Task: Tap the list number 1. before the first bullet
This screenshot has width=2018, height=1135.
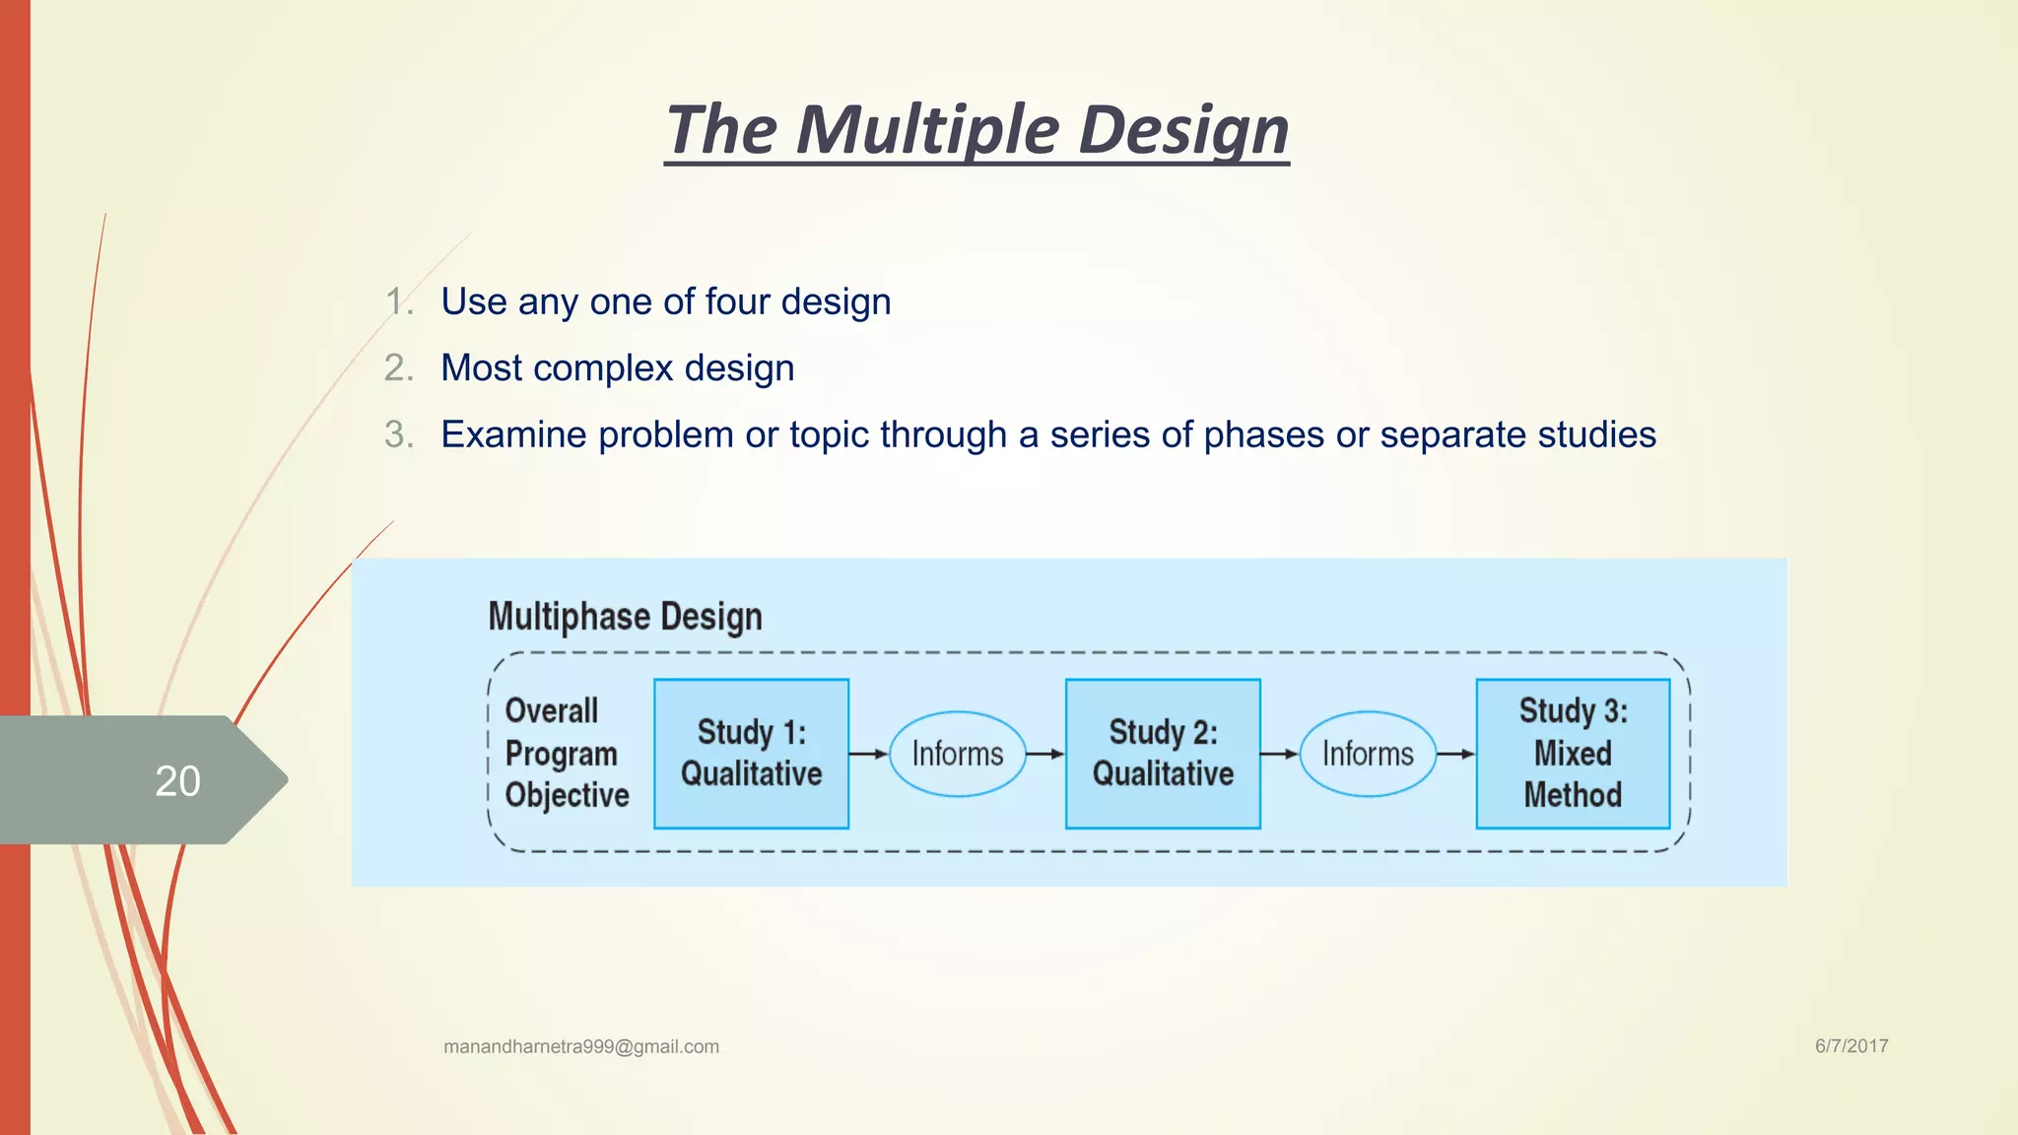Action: coord(398,301)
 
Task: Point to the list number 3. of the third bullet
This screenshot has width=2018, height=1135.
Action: coord(398,434)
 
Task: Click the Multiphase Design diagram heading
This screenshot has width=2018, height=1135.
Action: coord(625,617)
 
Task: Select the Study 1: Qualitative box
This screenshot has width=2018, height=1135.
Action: coord(751,754)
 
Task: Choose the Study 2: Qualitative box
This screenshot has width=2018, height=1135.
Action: coord(1163,754)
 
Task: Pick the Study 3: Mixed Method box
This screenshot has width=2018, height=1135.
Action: coord(1573,754)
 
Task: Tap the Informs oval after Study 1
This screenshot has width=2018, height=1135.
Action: coord(958,754)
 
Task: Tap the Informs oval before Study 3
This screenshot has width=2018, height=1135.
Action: coord(1368,754)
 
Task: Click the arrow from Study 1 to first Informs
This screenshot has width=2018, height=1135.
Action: coord(868,754)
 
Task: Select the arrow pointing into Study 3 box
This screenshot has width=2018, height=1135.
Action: coord(1455,754)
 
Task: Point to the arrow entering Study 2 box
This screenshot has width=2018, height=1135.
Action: coord(1045,754)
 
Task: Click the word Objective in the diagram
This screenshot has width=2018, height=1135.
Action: coord(567,795)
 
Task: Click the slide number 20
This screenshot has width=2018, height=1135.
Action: coord(177,781)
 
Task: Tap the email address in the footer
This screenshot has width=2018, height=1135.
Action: coord(581,1046)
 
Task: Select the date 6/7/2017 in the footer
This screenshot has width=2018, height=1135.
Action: coord(1851,1045)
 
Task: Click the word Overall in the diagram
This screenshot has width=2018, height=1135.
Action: coord(551,711)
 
